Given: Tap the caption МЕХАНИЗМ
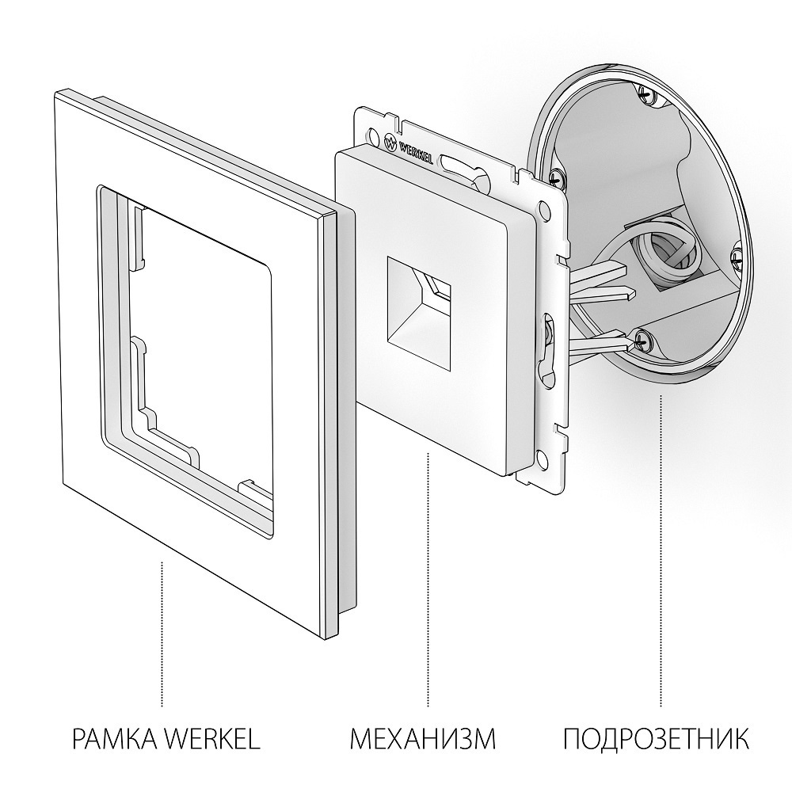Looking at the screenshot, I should (x=423, y=740).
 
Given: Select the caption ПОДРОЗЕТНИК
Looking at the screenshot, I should (x=657, y=740).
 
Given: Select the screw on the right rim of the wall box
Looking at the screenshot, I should (x=737, y=255).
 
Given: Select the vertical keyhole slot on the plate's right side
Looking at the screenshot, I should (x=546, y=348).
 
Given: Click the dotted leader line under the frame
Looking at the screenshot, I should (x=162, y=634).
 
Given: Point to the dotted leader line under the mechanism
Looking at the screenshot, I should (x=428, y=578).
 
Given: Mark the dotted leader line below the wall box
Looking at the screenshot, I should (x=661, y=546).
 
